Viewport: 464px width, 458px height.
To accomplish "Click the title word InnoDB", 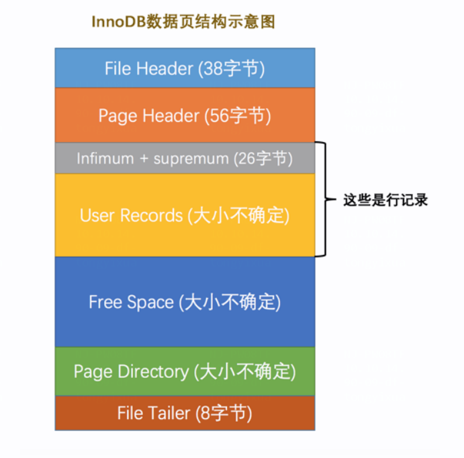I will tap(114, 22).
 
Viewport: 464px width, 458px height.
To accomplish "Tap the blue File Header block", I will tap(185, 68).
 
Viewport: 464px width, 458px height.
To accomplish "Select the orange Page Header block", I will tap(185, 115).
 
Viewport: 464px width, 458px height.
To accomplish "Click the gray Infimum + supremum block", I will tap(185, 159).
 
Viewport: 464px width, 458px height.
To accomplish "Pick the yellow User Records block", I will tap(185, 215).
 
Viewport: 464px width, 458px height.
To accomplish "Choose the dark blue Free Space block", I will tap(185, 302).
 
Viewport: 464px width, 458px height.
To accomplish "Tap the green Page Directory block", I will tap(185, 371).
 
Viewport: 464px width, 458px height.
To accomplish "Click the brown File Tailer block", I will tap(185, 413).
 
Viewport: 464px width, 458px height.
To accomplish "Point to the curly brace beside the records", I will tap(324, 200).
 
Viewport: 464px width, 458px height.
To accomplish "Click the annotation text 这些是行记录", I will tap(385, 200).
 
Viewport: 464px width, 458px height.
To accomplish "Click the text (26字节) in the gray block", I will tap(263, 159).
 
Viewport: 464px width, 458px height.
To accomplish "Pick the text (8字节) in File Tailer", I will tap(224, 413).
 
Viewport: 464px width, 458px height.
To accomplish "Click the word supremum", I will tap(191, 159).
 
